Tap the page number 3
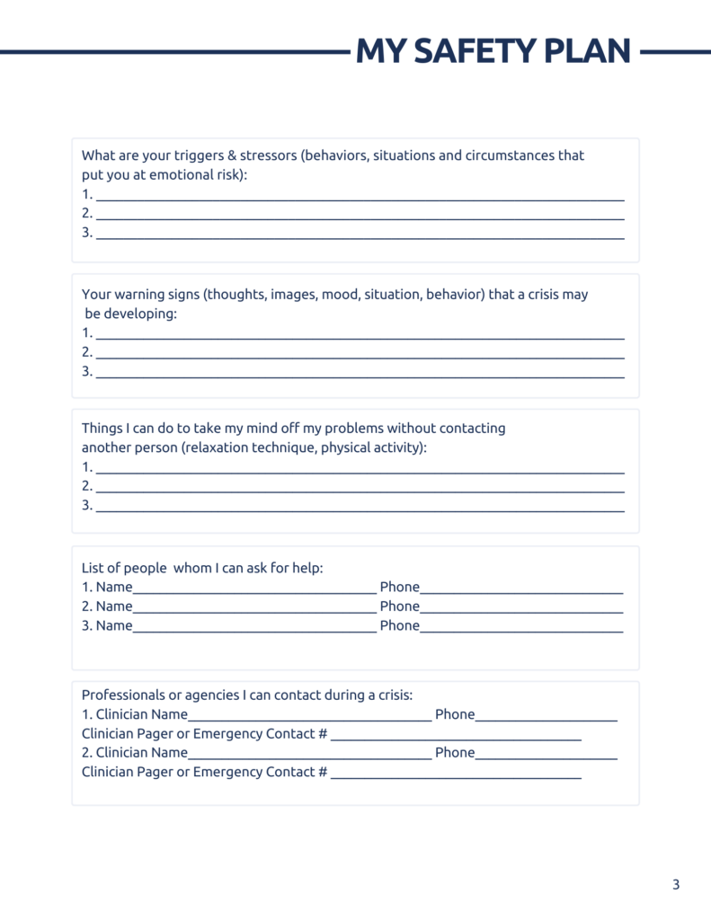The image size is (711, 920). (x=676, y=885)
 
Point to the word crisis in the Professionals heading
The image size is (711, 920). (x=388, y=694)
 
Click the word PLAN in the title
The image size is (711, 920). (x=588, y=51)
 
